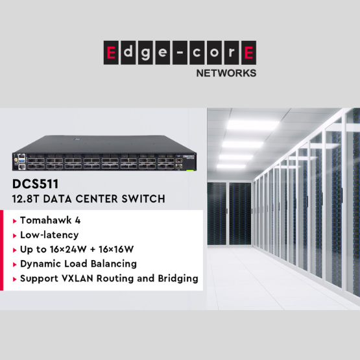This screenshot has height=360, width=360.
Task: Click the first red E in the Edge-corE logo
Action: [111, 53]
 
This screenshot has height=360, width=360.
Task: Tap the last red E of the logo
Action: [248, 53]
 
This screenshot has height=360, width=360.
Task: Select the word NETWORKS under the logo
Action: [226, 73]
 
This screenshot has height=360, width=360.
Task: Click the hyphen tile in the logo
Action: [180, 53]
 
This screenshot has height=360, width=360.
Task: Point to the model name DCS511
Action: [36, 184]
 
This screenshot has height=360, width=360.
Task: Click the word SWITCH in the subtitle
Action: [143, 199]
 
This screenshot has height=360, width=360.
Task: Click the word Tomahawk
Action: [46, 221]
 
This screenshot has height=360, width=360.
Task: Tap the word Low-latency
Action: [49, 235]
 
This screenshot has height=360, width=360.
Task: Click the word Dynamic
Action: [40, 264]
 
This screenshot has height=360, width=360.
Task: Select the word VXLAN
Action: [77, 278]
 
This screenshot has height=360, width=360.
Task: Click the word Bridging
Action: [178, 279]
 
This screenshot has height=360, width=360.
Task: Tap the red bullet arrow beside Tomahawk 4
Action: [15, 221]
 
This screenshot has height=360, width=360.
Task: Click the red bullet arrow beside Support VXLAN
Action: [15, 279]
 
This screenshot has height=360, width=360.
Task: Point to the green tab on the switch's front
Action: [189, 171]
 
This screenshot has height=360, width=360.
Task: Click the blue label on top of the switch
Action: [77, 139]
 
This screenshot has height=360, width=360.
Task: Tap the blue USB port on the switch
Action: [21, 160]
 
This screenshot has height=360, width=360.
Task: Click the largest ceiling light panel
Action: [253, 125]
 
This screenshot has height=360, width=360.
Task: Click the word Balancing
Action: [114, 264]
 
